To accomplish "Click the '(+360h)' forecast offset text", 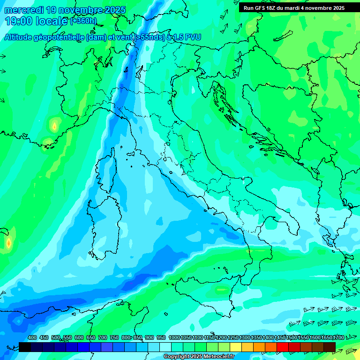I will [x=83, y=21].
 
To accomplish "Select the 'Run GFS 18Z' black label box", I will [x=294, y=8].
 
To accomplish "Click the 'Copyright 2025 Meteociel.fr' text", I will [x=199, y=357].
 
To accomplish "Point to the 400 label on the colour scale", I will [x=32, y=338].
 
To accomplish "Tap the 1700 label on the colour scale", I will [x=326, y=338].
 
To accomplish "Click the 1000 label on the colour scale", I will [x=174, y=338].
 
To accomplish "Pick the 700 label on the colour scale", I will [x=102, y=338].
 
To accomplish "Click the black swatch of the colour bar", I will [x=25, y=347].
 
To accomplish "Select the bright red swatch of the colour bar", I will [x=283, y=347].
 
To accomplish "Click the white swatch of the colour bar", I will [x=165, y=347].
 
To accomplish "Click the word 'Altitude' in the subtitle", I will [x=21, y=37].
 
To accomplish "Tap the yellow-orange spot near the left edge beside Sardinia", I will [x=8, y=243].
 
